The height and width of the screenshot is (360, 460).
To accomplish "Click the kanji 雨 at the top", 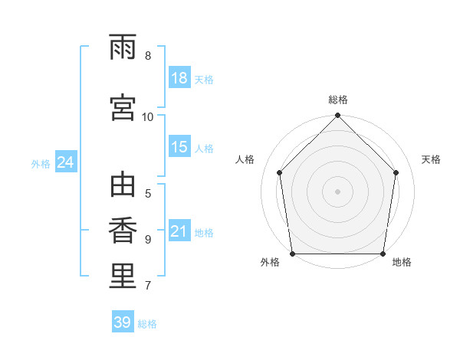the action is tap(123, 47).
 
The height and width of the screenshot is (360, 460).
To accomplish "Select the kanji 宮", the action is tap(123, 107).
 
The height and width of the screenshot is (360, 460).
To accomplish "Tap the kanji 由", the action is tap(123, 185).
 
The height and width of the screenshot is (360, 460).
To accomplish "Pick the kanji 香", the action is tap(123, 231).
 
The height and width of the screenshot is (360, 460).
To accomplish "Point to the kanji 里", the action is tap(123, 276).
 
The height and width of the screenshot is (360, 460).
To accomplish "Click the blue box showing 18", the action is tap(180, 77).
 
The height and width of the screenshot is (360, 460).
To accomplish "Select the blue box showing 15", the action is tap(180, 146).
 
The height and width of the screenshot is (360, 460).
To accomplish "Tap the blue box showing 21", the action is tap(180, 230).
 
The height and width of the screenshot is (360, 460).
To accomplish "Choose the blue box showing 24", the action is tap(66, 162).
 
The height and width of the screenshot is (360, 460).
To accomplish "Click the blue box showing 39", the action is tap(123, 321).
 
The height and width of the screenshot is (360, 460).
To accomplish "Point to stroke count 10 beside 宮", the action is tap(147, 117).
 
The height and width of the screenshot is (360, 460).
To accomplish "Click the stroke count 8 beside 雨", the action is tap(148, 56).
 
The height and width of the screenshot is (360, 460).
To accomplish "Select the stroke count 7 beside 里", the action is tap(148, 285).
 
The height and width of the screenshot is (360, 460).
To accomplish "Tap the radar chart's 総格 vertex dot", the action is tap(337, 115).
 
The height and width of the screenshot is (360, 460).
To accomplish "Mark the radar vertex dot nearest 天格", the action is tap(396, 172).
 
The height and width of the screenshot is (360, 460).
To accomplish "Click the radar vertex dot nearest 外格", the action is tap(293, 254).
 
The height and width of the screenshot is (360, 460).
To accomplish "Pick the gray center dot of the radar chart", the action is tap(337, 191).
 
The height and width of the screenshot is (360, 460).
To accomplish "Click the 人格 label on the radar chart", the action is tap(245, 159).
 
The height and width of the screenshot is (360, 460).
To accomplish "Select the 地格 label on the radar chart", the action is tap(402, 262).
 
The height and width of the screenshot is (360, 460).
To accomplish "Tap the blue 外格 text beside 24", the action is tap(41, 164).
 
